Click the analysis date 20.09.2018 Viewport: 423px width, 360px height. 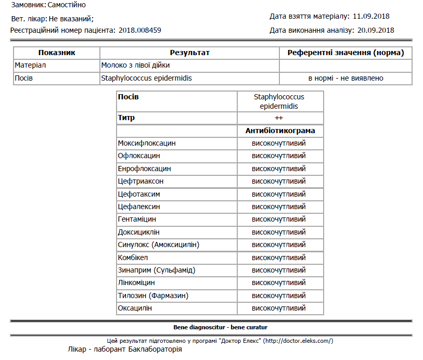point(376,30)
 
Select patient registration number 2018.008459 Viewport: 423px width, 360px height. point(140,30)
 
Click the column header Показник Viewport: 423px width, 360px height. point(57,53)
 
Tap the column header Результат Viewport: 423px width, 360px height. point(189,53)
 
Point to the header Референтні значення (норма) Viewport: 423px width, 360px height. point(345,53)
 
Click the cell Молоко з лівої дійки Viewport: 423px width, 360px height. point(136,66)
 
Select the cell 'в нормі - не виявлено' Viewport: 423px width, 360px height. point(345,78)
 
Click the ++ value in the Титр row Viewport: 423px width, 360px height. point(279,118)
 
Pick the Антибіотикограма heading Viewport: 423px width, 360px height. point(280,131)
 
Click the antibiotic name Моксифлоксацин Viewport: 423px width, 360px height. point(147,143)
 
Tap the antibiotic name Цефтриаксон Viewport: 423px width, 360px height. point(141,181)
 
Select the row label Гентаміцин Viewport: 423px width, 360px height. point(137,219)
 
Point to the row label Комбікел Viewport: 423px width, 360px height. point(133,258)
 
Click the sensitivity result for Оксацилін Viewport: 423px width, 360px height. point(279,308)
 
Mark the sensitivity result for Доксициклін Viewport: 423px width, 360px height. point(279,232)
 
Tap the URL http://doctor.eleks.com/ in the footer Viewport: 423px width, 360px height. point(298,341)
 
